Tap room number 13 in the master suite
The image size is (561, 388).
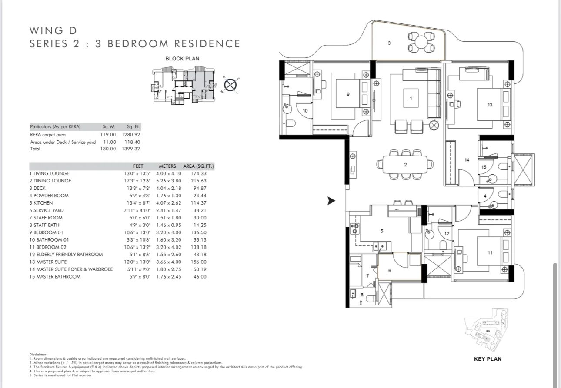click(490, 105)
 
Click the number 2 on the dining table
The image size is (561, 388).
click(405, 165)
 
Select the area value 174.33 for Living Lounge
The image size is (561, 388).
click(198, 173)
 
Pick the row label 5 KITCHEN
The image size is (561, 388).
click(41, 203)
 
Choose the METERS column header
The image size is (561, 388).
click(167, 166)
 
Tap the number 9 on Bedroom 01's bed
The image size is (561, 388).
click(348, 94)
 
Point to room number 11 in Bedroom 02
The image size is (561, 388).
click(490, 252)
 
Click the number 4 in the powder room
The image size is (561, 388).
click(485, 196)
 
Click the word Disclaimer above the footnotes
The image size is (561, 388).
click(38, 355)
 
